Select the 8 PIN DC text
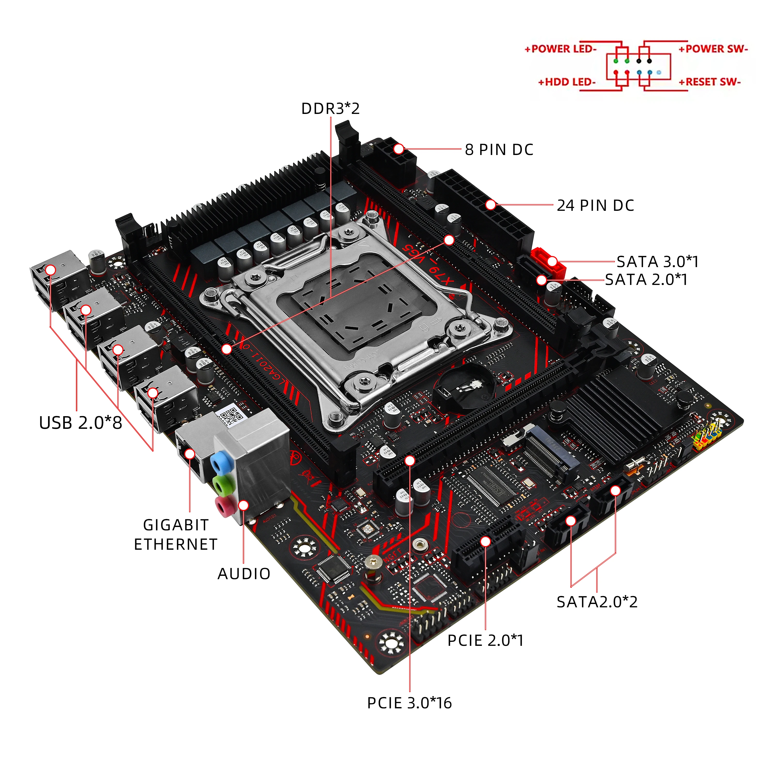[499, 150]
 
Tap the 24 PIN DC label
[595, 205]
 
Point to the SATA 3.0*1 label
[657, 261]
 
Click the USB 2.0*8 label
[81, 423]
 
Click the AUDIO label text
[244, 574]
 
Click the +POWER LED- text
[560, 49]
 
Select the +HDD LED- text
[567, 82]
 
